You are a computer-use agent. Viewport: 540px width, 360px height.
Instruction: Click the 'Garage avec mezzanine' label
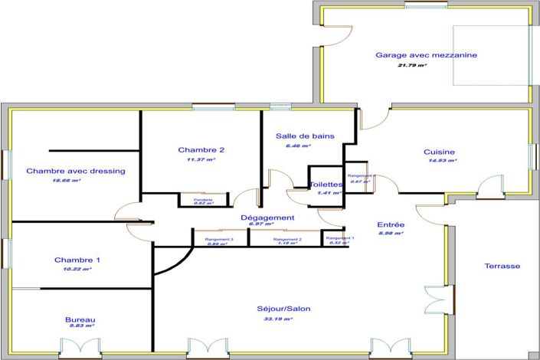[426, 55]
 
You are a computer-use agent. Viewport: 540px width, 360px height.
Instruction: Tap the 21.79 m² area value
[412, 66]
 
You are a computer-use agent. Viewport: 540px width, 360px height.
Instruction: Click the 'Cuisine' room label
[440, 152]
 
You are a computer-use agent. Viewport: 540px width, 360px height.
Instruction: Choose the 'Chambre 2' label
[201, 149]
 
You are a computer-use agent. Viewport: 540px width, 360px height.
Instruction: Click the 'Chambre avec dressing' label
[76, 171]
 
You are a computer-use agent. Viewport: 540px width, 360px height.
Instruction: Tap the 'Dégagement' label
[267, 218]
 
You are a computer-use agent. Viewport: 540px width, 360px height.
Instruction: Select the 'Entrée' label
[391, 224]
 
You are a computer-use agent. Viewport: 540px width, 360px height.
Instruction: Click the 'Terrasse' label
[502, 266]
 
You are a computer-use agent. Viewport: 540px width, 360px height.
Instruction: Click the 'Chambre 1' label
[77, 260]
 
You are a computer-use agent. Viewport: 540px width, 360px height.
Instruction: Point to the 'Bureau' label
[80, 319]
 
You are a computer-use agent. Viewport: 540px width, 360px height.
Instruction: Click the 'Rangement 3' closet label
[219, 240]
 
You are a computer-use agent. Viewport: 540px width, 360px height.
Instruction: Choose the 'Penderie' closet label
[203, 200]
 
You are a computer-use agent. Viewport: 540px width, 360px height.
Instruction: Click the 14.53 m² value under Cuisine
[443, 161]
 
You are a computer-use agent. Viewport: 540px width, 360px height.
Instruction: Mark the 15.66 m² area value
[66, 181]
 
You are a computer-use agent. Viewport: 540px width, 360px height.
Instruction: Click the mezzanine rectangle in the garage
[492, 55]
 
